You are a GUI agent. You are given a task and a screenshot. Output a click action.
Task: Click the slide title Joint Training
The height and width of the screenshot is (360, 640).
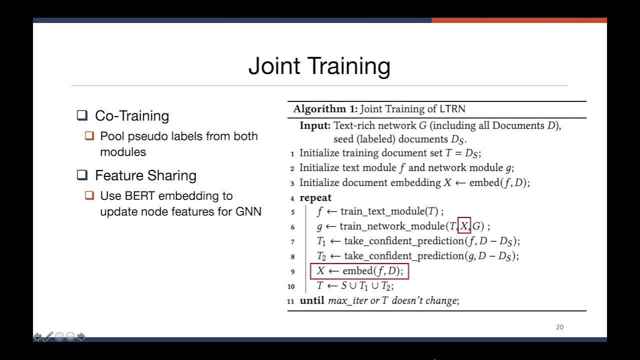[x=319, y=66]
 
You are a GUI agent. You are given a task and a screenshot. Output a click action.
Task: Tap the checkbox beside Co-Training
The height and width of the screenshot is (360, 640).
[x=82, y=116]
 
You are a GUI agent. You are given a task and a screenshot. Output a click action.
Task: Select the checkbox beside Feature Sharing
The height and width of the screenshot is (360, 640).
[x=82, y=175]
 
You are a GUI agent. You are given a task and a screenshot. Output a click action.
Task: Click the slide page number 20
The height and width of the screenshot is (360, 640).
[x=559, y=327]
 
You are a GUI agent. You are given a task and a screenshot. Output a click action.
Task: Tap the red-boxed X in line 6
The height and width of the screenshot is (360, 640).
[x=464, y=226]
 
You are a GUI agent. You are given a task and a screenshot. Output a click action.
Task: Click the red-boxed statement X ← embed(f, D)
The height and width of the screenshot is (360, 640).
[x=359, y=271]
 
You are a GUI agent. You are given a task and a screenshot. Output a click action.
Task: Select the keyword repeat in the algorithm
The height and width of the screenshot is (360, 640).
[x=315, y=197]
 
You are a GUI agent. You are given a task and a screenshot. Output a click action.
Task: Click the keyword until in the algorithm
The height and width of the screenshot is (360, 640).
[x=312, y=301]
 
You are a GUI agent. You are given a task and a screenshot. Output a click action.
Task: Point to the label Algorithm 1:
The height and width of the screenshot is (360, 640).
[x=325, y=109]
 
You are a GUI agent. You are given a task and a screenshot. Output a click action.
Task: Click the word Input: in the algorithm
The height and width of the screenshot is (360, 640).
[x=315, y=125]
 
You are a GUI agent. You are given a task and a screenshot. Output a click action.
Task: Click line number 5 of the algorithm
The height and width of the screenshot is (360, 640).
[x=292, y=212]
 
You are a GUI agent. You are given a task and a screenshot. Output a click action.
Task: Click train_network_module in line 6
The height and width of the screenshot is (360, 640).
[x=393, y=226]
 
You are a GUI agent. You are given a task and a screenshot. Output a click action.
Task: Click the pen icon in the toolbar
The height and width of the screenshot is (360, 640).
[x=48, y=336]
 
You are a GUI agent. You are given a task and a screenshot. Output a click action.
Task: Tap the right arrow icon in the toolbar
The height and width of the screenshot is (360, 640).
[x=81, y=336]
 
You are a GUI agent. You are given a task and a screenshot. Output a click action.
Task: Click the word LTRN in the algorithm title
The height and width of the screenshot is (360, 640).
[x=452, y=109]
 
